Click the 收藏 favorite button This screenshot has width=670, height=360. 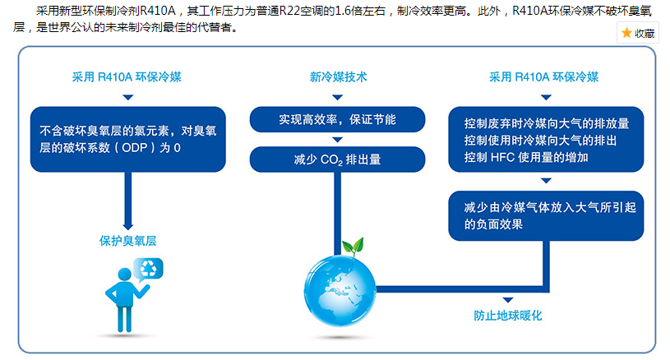tap(637, 33)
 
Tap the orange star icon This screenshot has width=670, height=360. tap(626, 33)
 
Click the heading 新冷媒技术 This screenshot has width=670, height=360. tap(338, 77)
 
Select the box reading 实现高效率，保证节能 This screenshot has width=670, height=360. tap(337, 119)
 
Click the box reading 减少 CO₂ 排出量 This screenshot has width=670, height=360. tap(337, 159)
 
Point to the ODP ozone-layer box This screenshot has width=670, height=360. tap(127, 139)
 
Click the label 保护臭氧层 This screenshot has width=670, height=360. tap(127, 241)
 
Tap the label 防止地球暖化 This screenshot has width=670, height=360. tap(507, 316)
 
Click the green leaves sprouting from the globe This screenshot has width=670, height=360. tap(353, 247)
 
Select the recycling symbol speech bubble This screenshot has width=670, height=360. tap(148, 269)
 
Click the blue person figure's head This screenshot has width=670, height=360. tap(124, 275)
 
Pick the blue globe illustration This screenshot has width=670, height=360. tap(340, 290)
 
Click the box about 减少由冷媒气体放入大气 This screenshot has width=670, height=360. tap(546, 215)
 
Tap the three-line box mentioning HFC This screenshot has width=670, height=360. tap(546, 139)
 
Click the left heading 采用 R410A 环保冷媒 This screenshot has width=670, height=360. tap(127, 77)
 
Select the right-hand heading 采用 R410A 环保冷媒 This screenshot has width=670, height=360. tap(543, 77)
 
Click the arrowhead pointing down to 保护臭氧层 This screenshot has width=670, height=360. tap(127, 226)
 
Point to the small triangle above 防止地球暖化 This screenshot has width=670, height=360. tap(507, 300)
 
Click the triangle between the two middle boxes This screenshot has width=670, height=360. tap(337, 140)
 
